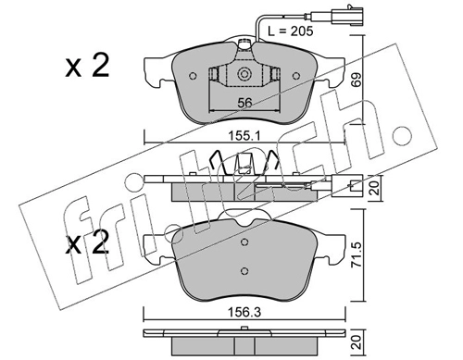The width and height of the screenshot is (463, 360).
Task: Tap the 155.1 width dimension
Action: pos(243,135)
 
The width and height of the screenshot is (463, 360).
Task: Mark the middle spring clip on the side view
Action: pos(244,166)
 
